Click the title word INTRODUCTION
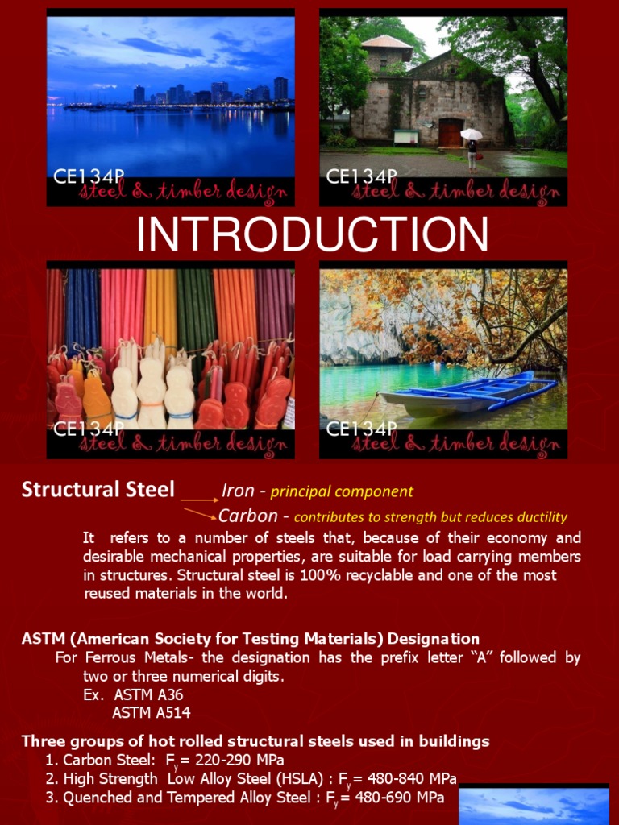(312, 234)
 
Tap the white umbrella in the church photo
(472, 134)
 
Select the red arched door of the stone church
(451, 132)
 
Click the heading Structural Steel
(98, 489)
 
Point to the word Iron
(238, 491)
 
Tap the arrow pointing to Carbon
(199, 513)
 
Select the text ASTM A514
(151, 712)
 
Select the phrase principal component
(342, 491)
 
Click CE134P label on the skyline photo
(89, 176)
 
